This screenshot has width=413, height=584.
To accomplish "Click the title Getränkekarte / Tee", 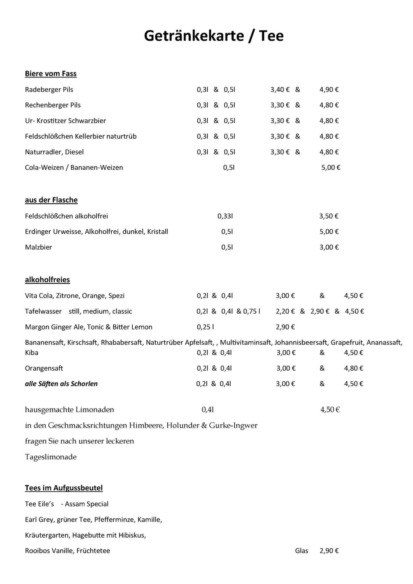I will click(214, 36).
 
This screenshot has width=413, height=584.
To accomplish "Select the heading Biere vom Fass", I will click(51, 74).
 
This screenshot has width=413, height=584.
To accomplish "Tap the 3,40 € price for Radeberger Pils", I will click(280, 90).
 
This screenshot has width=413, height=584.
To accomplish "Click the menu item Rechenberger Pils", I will click(53, 105).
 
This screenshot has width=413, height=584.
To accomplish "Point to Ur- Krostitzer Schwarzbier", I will click(65, 121).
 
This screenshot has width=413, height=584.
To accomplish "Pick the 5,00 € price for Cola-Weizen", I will click(331, 167).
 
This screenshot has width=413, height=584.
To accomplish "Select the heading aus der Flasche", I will click(51, 200).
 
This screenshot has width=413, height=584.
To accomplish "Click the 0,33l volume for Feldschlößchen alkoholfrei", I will click(225, 216).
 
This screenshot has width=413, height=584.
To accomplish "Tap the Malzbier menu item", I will click(39, 247).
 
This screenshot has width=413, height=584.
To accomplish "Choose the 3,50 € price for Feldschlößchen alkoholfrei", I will click(329, 216).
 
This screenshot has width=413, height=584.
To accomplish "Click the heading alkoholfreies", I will click(48, 280).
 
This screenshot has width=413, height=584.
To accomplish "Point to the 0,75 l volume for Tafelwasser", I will click(252, 311).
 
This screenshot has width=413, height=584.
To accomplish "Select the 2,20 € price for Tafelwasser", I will click(285, 311).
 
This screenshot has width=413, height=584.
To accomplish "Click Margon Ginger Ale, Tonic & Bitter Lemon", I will click(89, 327).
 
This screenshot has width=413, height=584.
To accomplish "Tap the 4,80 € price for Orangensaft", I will click(354, 368).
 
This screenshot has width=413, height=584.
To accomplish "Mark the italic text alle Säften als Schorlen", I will click(61, 384).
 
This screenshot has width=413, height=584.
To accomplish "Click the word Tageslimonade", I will click(51, 457).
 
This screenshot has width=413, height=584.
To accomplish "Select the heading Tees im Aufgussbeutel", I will click(64, 488).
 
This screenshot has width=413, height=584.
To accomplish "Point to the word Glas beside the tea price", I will click(302, 551).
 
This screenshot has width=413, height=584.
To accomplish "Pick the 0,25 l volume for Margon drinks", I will click(205, 327).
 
